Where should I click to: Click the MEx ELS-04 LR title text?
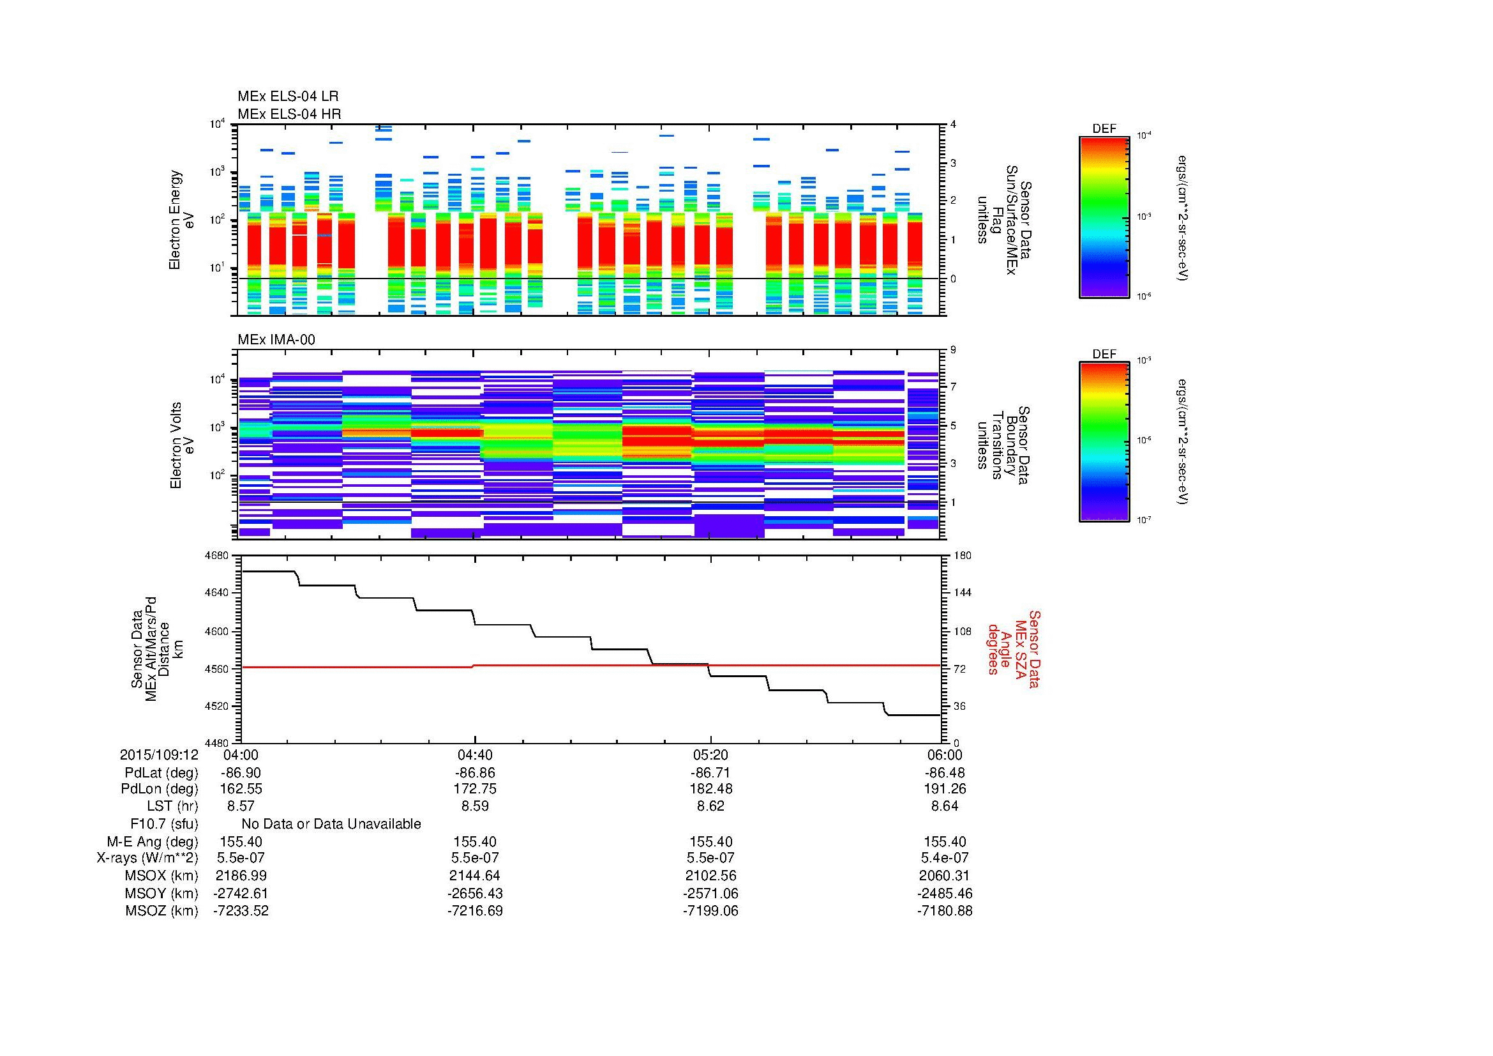(287, 96)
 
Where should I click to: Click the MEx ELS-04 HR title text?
(289, 114)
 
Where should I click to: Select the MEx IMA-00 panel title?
(276, 340)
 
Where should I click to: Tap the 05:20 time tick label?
(710, 754)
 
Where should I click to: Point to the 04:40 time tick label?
(475, 754)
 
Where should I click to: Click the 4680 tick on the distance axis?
(216, 556)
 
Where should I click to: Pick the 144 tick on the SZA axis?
(962, 593)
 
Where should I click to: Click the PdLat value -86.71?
(710, 773)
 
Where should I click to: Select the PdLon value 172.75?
(475, 788)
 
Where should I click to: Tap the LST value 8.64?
(944, 806)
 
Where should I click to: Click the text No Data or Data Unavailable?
(331, 824)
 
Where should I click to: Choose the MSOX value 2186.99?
(241, 876)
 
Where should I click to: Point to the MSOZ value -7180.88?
(944, 911)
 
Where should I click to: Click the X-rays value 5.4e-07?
(944, 858)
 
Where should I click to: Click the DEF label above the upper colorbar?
(1104, 129)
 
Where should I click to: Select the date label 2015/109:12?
(159, 754)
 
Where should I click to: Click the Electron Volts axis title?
(176, 446)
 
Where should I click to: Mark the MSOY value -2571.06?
(710, 893)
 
